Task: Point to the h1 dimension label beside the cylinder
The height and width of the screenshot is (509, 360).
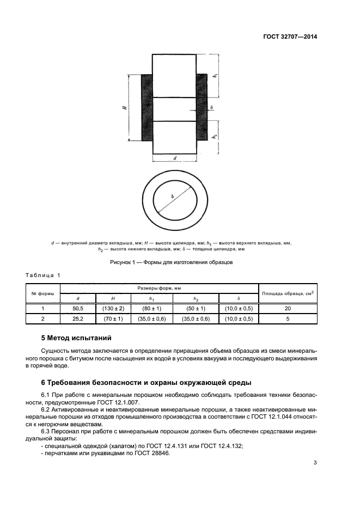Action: tap(216, 76)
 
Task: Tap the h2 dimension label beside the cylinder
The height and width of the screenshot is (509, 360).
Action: tap(216, 136)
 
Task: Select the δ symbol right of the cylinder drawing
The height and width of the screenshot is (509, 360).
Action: tap(211, 108)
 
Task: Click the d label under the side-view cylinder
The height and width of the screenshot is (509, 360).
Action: tap(174, 158)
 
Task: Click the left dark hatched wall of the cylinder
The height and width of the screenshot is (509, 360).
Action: tap(147, 107)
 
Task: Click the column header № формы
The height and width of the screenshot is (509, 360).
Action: tap(42, 293)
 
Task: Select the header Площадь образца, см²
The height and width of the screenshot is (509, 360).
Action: tap(288, 293)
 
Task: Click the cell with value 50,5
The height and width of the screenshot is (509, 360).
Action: tap(78, 309)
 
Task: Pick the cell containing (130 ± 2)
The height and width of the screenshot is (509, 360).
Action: tap(113, 309)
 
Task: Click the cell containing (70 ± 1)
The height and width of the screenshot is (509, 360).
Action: tap(113, 318)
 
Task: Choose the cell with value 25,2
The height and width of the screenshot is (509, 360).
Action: tap(78, 318)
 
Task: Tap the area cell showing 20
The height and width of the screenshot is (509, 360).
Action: tap(288, 309)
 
